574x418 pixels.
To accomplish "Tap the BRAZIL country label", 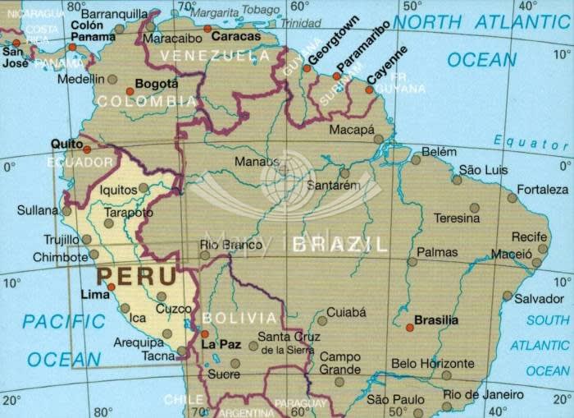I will pyautogui.click(x=339, y=244).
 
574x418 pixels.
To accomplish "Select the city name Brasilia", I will pyautogui.click(x=436, y=320).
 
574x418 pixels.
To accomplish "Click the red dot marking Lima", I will pyautogui.click(x=112, y=287).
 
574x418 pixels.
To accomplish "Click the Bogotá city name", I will pyautogui.click(x=156, y=84).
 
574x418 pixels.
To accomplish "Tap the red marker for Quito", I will pyautogui.click(x=87, y=150).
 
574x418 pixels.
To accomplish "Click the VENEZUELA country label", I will pyautogui.click(x=209, y=56).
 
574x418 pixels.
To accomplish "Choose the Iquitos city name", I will pyautogui.click(x=118, y=190).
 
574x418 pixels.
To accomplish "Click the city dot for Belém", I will pyautogui.click(x=416, y=160).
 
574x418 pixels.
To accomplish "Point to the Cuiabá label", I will pyautogui.click(x=346, y=312).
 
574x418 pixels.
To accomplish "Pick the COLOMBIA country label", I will pyautogui.click(x=146, y=102).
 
